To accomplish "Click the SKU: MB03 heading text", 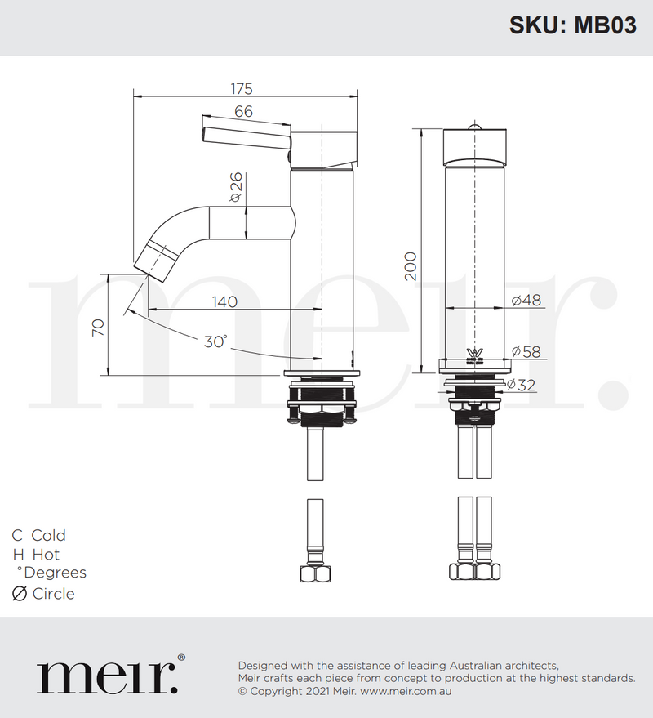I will pos(572,25).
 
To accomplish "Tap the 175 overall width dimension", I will pos(242,88).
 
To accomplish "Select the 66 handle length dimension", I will pos(243,112).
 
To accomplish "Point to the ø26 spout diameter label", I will pos(234,187).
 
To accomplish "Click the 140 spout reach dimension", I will pos(224,301).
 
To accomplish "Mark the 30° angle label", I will pos(215,341).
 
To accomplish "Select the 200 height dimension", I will pos(411,265).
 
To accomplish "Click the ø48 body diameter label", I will pos(526,301).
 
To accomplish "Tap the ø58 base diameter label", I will pos(526,351).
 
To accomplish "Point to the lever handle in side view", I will pos(245,136).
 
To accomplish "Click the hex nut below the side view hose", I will pos(313,572).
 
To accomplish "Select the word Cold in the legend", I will pos(48,535).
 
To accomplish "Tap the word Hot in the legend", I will pos(46,555).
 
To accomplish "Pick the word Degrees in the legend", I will pos(55,573).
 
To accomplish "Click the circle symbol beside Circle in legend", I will pos(19,594).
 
